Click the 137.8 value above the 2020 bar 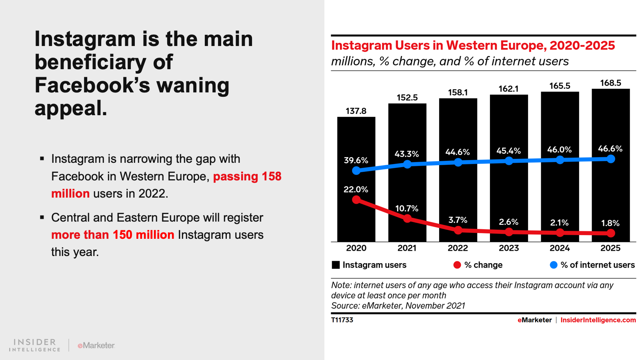(356, 111)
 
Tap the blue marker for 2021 (407, 164)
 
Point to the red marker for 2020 (356, 200)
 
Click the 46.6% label (610, 149)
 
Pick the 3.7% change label (458, 220)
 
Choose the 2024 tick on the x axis (560, 248)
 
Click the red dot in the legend (457, 265)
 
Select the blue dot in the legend (554, 265)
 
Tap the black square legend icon (336, 265)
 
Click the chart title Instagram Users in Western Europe (473, 46)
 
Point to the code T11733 (342, 320)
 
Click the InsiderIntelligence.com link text (598, 320)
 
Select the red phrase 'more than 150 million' (113, 235)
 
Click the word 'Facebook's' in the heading (92, 85)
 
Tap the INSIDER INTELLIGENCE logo (35, 345)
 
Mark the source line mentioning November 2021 (398, 306)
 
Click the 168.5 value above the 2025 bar (611, 83)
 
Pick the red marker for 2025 (611, 233)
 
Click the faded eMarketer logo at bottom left (96, 345)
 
